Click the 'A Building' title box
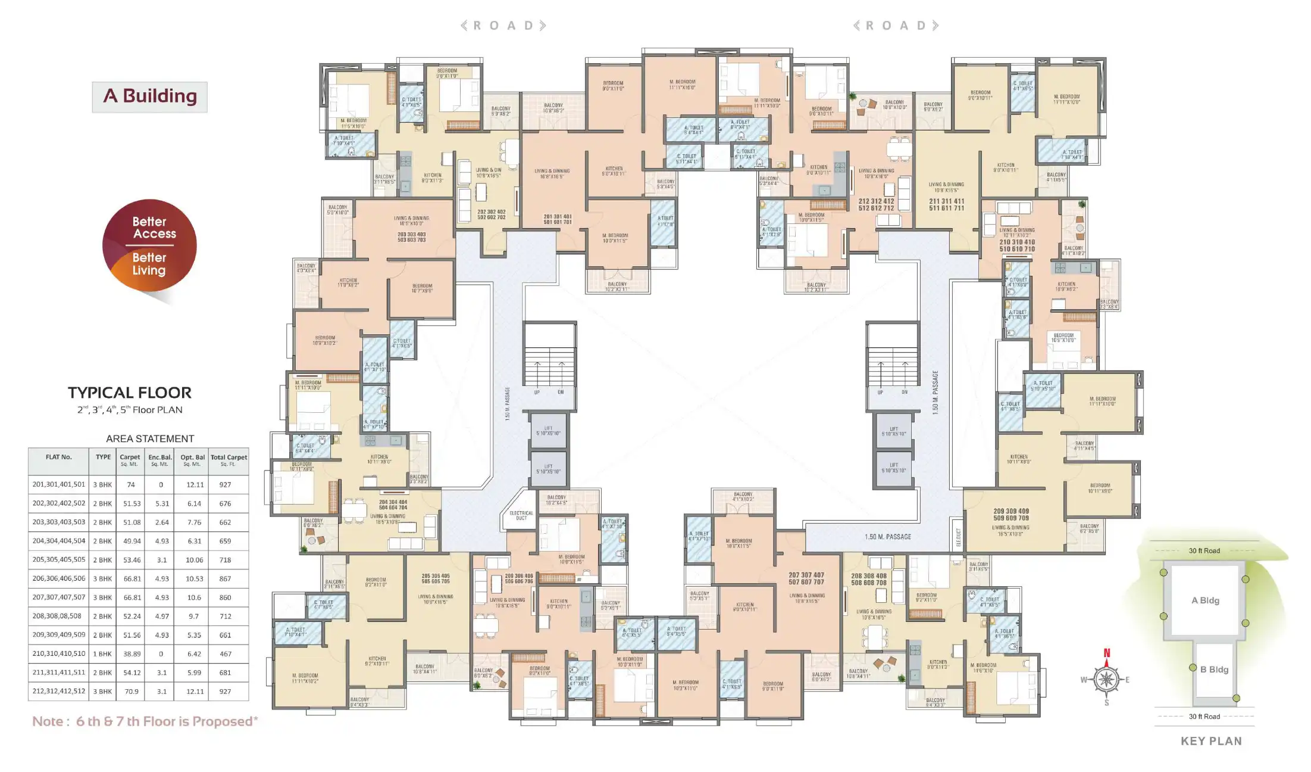click(x=149, y=96)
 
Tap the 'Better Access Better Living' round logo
click(x=149, y=246)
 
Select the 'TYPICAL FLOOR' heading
click(x=130, y=393)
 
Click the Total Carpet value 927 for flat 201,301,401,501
click(x=225, y=485)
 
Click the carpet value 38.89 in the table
click(x=132, y=654)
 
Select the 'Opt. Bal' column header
click(x=193, y=460)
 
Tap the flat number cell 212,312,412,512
click(x=59, y=692)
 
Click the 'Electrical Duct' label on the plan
click(x=521, y=515)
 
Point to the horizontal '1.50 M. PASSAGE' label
click(x=888, y=537)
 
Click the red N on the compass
click(x=1107, y=653)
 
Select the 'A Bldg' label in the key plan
click(x=1205, y=600)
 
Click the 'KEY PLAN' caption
click(x=1211, y=741)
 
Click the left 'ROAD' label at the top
click(x=503, y=26)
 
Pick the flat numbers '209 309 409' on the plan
click(x=1011, y=511)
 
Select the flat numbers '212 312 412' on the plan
click(x=876, y=201)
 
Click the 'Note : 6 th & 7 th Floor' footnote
click(x=145, y=721)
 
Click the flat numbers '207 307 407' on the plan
click(x=806, y=575)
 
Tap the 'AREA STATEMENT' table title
click(x=150, y=439)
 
